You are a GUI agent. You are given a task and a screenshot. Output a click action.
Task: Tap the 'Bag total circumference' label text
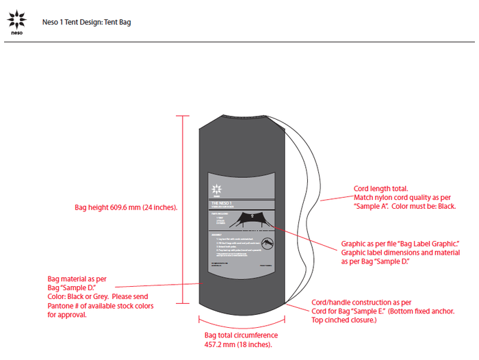241,335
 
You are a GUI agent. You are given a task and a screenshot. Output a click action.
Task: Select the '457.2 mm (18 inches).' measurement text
238,344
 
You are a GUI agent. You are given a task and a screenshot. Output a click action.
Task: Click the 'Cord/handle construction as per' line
361,302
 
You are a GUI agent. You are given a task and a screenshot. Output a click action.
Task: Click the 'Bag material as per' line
76,279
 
